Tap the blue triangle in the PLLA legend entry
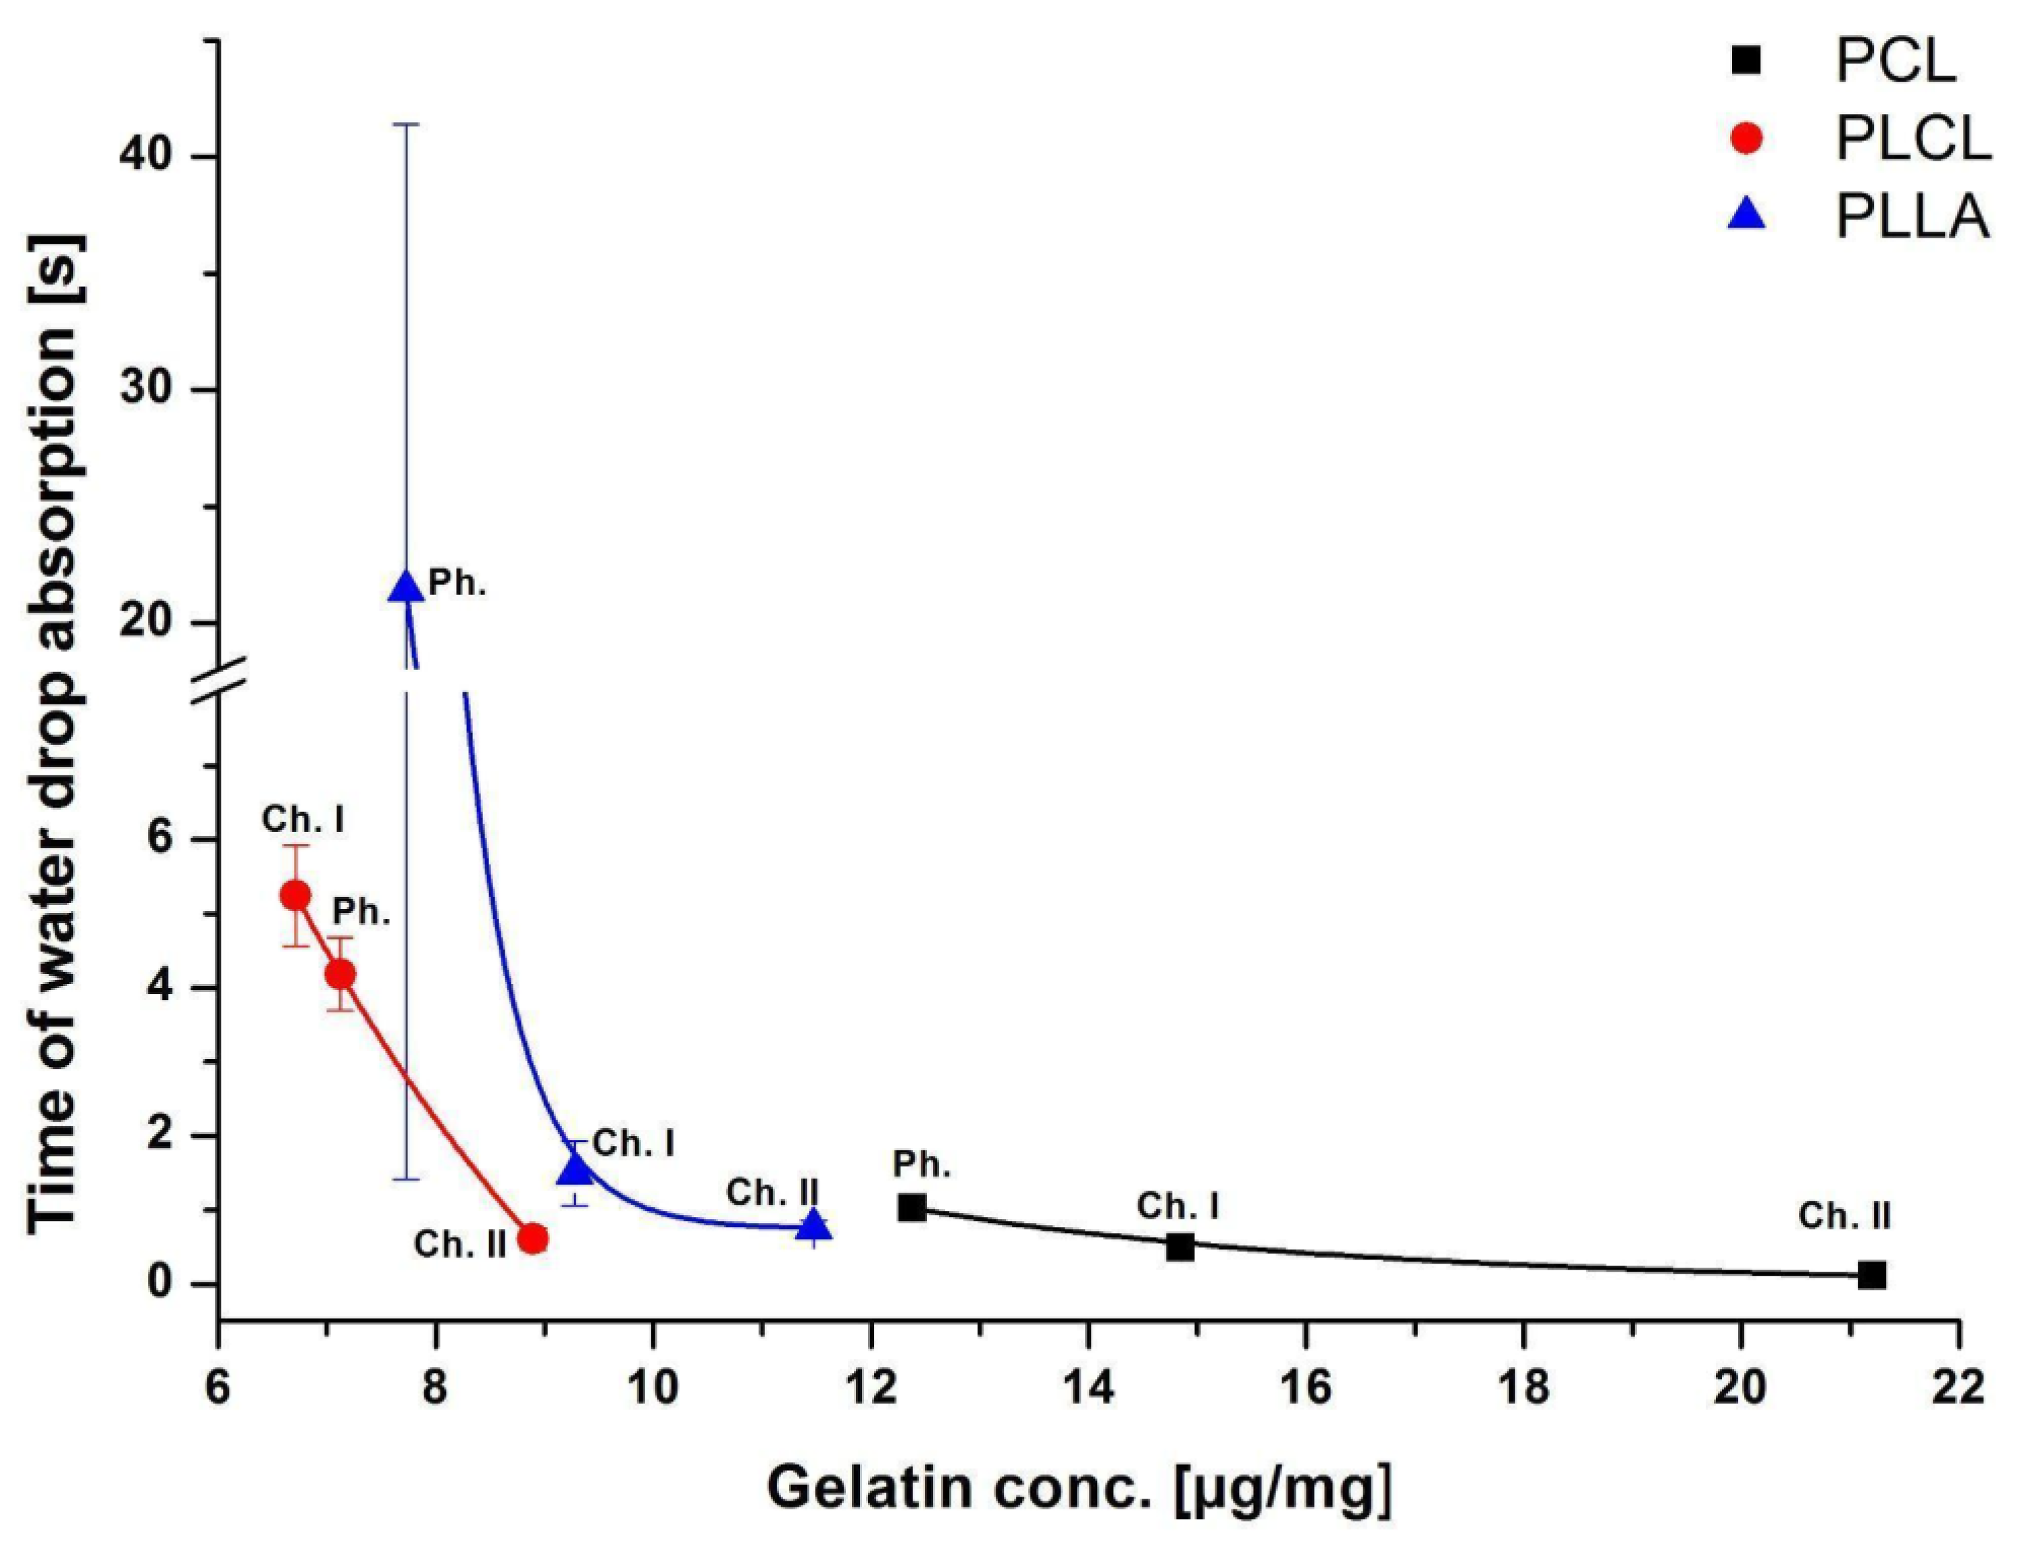tap(1747, 215)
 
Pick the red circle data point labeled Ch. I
tap(295, 894)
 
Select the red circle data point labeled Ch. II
tap(532, 1238)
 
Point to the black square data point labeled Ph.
tap(911, 1207)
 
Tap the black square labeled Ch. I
tap(1180, 1247)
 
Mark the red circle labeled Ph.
tap(340, 974)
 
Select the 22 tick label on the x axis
tap(1958, 1387)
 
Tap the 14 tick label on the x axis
tap(1088, 1387)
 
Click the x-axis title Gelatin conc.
tap(1078, 1489)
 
